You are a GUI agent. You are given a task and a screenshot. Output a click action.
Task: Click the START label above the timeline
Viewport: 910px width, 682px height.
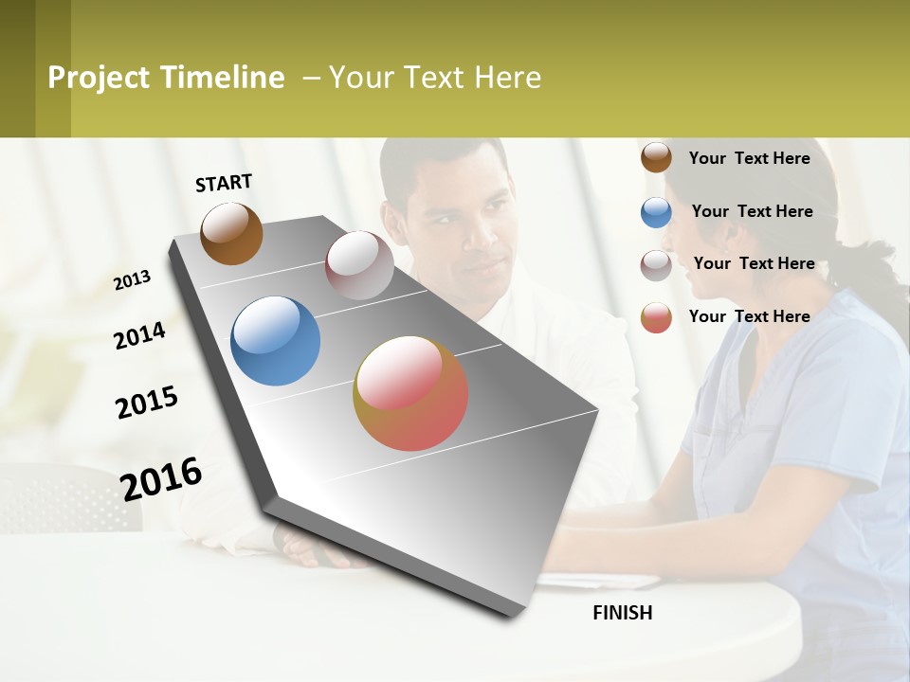224,183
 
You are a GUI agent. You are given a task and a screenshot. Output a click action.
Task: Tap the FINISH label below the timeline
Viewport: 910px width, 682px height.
623,613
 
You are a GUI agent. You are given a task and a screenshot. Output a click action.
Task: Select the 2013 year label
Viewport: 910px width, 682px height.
133,279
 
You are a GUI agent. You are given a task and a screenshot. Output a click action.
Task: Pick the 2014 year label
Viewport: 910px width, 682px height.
140,335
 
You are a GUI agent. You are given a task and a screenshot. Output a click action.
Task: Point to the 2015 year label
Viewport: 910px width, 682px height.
147,403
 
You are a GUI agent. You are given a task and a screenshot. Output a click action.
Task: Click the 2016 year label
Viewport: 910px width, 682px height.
161,478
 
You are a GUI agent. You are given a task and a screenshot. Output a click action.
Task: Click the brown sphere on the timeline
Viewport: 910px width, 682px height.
231,233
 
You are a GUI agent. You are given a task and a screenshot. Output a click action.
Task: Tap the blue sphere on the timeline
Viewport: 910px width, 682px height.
275,341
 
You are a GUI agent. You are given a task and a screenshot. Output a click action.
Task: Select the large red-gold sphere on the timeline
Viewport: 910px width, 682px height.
410,393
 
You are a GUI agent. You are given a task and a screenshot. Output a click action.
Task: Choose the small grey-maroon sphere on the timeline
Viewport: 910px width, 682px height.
359,265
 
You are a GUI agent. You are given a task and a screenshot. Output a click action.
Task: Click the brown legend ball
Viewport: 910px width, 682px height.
656,158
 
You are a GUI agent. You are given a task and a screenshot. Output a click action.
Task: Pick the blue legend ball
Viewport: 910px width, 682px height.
656,212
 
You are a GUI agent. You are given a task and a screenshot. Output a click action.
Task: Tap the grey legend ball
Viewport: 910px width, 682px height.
656,265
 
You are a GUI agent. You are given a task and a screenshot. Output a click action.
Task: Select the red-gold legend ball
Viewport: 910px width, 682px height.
656,317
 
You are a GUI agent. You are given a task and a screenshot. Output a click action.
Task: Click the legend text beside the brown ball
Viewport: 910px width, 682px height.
749,158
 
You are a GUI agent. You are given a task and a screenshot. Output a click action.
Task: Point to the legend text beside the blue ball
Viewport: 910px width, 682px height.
752,211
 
